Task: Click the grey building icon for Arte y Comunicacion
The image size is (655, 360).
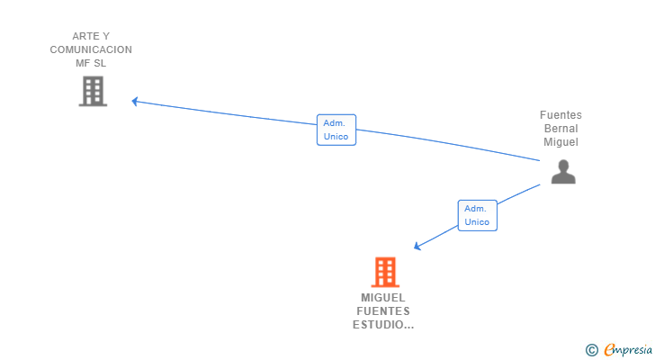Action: [93, 91]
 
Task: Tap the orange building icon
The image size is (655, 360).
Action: [384, 272]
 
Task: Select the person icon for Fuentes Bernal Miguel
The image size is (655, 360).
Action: [562, 171]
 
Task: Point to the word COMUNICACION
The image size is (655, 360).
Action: [91, 49]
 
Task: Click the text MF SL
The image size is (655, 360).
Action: [91, 63]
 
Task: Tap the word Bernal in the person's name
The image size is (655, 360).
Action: [561, 129]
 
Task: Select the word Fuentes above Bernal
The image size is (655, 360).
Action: [561, 115]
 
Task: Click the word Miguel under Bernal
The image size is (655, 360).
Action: [561, 142]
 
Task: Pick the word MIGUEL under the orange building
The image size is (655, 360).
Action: [383, 298]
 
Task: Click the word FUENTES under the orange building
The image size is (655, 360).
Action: [383, 311]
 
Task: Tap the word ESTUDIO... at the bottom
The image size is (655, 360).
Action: [383, 325]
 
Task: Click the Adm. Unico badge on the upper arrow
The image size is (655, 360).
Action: [336, 130]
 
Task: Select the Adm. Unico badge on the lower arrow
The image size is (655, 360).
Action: [477, 215]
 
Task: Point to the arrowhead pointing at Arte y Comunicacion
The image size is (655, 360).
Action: [135, 101]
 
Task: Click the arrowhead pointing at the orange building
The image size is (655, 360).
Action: [417, 247]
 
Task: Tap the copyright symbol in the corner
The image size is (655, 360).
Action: [591, 350]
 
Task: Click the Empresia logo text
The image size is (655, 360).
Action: [626, 350]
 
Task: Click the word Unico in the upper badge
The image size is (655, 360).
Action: [336, 137]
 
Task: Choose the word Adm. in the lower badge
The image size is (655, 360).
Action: [476, 209]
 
